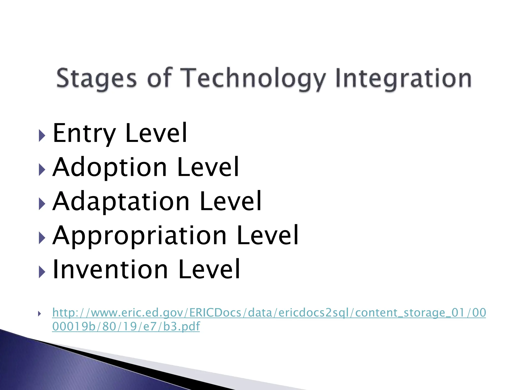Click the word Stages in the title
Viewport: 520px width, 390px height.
pos(96,78)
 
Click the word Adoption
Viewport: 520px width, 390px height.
pos(110,168)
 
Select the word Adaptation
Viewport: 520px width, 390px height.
pos(121,202)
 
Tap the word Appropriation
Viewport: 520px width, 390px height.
pos(139,236)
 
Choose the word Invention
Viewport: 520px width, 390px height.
pos(110,270)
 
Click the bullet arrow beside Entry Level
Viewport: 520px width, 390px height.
pos(42,136)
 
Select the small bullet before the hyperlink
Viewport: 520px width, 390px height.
pos(39,314)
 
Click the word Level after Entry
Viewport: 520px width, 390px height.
pos(156,133)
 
